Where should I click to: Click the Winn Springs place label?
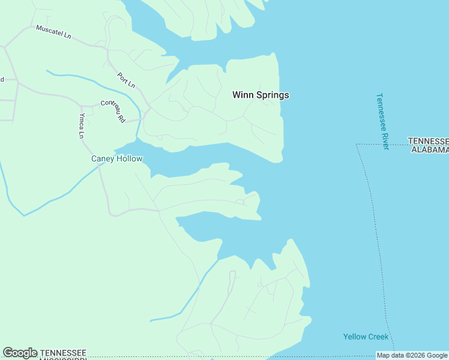(x=261, y=95)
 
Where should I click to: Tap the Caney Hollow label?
(x=116, y=159)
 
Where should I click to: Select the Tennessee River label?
(x=382, y=121)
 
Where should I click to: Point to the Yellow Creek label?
(x=366, y=337)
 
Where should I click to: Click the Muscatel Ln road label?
(x=53, y=32)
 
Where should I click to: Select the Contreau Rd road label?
(x=113, y=110)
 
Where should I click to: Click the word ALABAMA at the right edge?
(x=430, y=149)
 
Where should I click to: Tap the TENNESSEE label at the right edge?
(x=428, y=141)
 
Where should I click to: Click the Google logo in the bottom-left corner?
(x=20, y=353)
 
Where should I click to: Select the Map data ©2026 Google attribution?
(x=412, y=355)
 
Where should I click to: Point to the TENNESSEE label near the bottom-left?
(x=63, y=352)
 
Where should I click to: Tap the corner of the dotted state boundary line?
(x=357, y=145)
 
